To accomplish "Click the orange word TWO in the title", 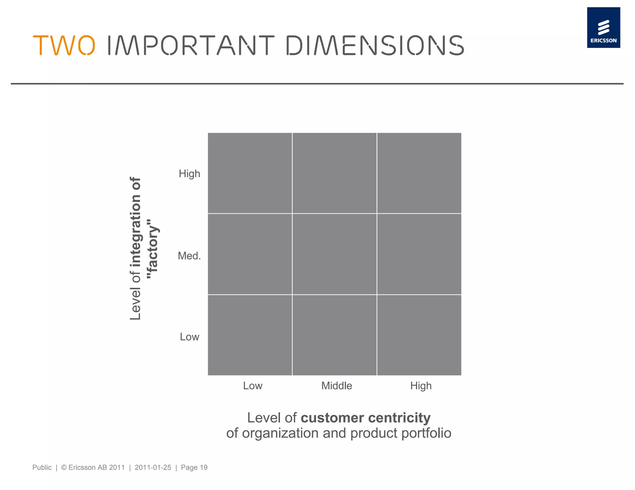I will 64,46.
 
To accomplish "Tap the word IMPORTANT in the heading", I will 190,46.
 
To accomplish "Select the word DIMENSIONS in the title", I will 375,46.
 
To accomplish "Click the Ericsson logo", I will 603,28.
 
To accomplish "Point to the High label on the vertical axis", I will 189,174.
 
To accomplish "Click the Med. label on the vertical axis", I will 189,256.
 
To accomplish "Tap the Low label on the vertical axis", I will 189,337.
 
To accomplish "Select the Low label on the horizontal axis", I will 253,386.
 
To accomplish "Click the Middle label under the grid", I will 337,386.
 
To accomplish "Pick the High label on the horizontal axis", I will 421,386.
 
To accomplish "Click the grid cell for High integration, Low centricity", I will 250,173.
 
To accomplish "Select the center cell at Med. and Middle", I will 335,254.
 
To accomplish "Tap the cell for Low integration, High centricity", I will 419,335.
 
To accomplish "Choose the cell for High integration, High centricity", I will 419,173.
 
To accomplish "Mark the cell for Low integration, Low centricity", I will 250,335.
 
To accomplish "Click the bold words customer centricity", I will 366,418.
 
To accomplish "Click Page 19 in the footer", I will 194,467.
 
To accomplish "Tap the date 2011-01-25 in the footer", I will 153,467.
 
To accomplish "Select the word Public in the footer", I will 42,467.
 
